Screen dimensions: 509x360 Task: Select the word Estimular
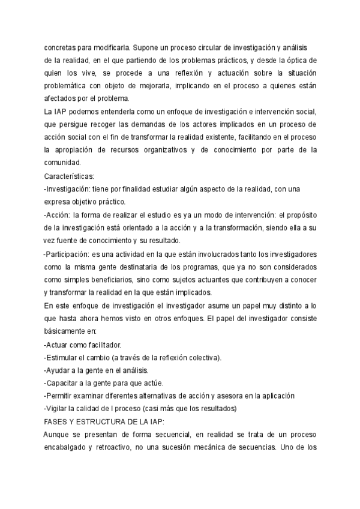click(x=64, y=358)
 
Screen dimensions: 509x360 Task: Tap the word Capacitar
click(x=65, y=383)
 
